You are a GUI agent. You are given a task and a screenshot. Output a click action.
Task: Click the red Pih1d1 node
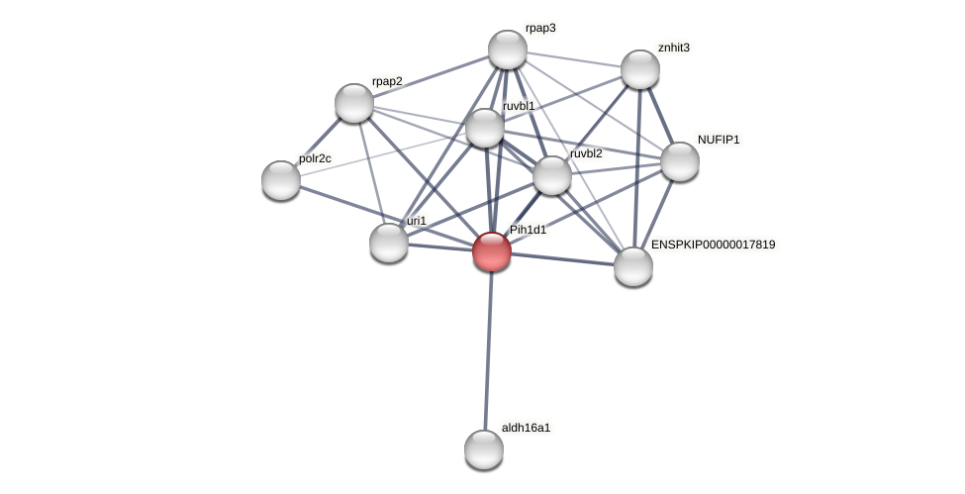pyautogui.click(x=491, y=250)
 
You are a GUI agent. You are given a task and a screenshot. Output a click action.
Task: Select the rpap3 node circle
pyautogui.click(x=507, y=49)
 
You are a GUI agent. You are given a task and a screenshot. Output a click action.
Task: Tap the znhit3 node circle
pyautogui.click(x=640, y=69)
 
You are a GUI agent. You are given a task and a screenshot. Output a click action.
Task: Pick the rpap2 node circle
pyautogui.click(x=354, y=103)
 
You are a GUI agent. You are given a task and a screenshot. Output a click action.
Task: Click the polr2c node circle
pyautogui.click(x=281, y=179)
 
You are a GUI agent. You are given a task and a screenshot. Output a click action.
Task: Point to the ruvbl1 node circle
pyautogui.click(x=484, y=128)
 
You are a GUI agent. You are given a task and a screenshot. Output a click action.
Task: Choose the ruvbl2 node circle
pyautogui.click(x=552, y=175)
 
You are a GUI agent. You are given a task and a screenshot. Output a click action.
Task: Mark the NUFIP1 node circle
pyautogui.click(x=680, y=161)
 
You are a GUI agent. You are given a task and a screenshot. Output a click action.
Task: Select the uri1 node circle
pyautogui.click(x=389, y=243)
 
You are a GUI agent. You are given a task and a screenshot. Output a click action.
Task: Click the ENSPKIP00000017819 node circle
pyautogui.click(x=633, y=266)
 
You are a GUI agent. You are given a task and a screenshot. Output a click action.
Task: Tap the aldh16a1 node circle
pyautogui.click(x=484, y=449)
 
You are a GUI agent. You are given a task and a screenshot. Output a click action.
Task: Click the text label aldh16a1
pyautogui.click(x=526, y=428)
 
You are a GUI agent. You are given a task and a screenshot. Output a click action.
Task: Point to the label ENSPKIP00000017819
pyautogui.click(x=713, y=245)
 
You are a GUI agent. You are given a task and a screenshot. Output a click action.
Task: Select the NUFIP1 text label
pyautogui.click(x=719, y=140)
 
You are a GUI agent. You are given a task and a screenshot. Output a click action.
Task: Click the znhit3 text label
pyautogui.click(x=673, y=48)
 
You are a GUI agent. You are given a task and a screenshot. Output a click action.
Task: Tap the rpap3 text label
pyautogui.click(x=540, y=28)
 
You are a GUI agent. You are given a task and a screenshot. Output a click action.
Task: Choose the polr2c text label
pyautogui.click(x=315, y=158)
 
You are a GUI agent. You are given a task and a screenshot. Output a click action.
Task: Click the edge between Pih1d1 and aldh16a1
pyautogui.click(x=488, y=346)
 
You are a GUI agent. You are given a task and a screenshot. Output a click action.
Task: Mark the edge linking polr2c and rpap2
pyautogui.click(x=318, y=141)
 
